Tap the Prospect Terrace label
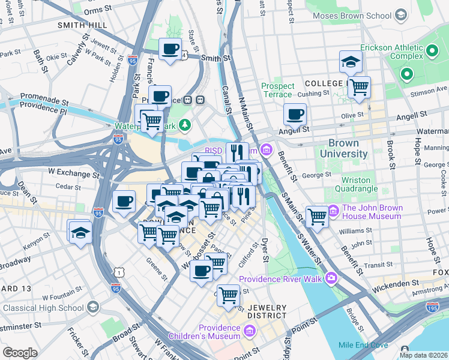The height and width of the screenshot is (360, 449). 278,91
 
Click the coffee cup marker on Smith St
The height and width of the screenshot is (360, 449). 170,49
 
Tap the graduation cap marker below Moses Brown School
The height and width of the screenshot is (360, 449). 351,62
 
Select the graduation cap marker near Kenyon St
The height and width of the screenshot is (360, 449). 80,232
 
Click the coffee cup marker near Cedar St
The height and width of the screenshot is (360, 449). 124,202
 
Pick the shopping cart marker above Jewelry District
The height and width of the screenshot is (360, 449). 228,295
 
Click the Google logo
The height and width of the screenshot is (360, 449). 20,353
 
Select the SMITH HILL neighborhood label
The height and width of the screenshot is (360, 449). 82,25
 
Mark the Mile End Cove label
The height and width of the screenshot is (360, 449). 363,345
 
